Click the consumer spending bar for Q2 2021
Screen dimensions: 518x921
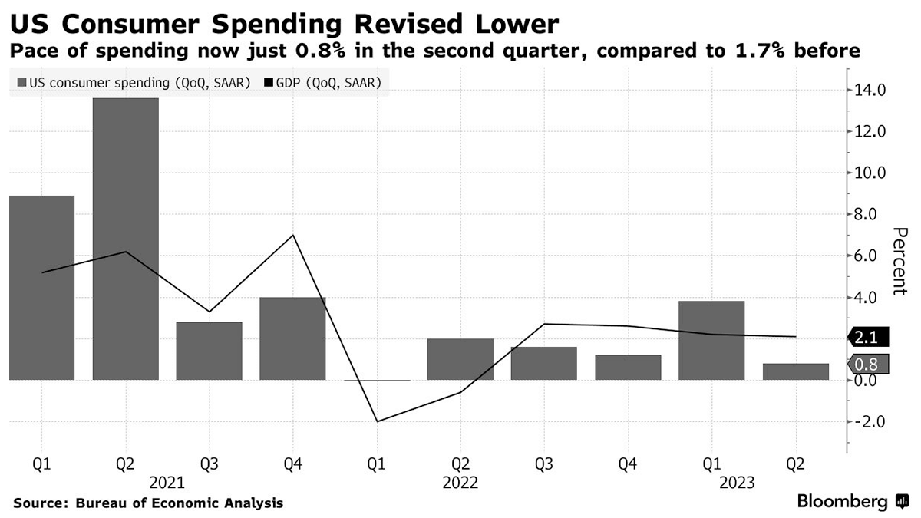[x=125, y=239]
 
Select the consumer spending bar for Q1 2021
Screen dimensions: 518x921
[x=41, y=288]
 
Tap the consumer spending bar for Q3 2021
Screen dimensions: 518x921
[x=209, y=351]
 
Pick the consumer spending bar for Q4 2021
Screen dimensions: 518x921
[x=292, y=338]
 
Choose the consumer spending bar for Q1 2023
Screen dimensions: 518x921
[x=711, y=340]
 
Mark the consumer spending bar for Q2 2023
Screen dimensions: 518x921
[x=795, y=371]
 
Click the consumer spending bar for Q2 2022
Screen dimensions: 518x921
[x=460, y=359]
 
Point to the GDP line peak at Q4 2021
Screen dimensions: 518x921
[x=292, y=235]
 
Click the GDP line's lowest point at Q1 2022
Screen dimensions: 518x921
[x=376, y=421]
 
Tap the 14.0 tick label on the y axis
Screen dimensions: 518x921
[x=870, y=91]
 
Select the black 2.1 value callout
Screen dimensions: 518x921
[x=867, y=338]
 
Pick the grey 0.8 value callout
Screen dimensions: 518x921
[x=867, y=365]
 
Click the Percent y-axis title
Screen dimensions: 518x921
[x=899, y=262]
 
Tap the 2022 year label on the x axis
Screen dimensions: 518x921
[x=460, y=483]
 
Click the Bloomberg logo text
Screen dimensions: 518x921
[x=843, y=502]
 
